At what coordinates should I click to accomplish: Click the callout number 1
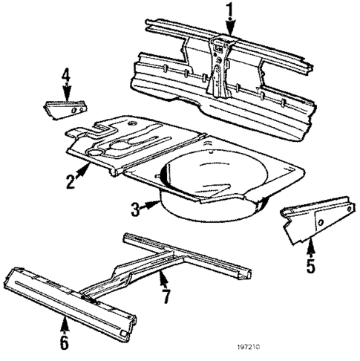pos(229,10)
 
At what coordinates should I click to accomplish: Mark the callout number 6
pos(64,342)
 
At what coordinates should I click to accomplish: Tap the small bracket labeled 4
pos(66,108)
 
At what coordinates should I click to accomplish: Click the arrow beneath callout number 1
pos(229,27)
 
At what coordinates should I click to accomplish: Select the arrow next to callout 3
pos(151,206)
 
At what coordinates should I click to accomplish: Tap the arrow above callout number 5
pos(311,244)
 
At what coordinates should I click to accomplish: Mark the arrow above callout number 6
pos(65,325)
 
